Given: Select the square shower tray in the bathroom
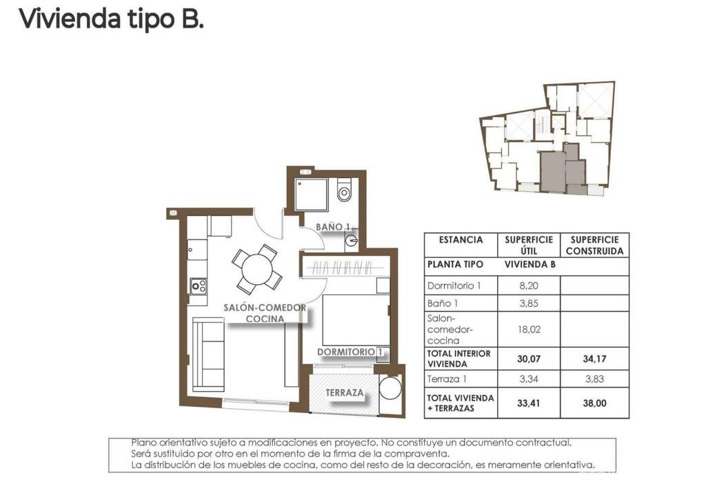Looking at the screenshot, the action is [311, 194].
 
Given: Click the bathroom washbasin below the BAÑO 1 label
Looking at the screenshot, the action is [352, 240].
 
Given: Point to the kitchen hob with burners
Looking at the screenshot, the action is [198, 286].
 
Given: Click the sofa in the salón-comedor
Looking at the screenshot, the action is [208, 354].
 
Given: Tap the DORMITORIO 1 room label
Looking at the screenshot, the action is [350, 352].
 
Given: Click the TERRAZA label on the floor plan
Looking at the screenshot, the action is [345, 392].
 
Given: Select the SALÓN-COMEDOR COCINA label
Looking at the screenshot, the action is [265, 313].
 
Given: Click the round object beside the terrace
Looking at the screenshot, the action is [390, 388].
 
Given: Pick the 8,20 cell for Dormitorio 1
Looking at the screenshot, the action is [529, 285].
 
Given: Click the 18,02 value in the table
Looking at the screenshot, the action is [529, 329].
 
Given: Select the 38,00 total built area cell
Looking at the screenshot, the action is [594, 403].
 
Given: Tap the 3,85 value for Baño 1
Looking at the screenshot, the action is [529, 303].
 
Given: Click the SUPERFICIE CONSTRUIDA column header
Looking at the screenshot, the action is [594, 245].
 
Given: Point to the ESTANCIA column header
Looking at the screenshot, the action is [461, 239].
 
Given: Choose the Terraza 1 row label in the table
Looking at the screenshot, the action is [447, 379].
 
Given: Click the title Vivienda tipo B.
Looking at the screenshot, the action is [111, 19].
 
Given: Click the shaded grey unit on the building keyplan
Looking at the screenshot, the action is [563, 169].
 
